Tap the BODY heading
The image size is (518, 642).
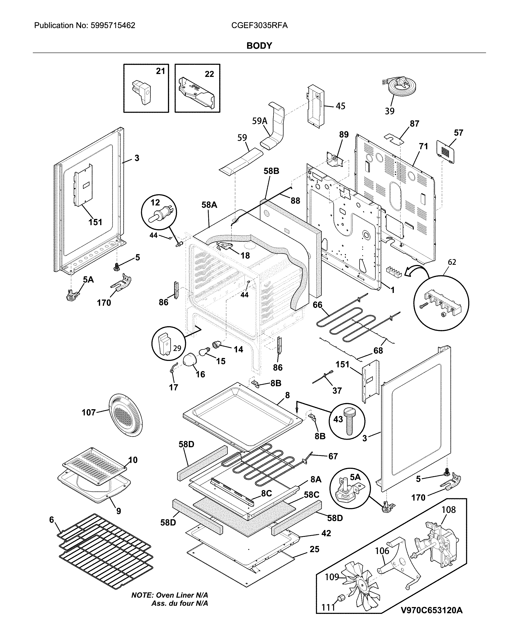click(x=259, y=46)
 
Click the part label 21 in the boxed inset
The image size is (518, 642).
click(x=160, y=71)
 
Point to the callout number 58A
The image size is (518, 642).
click(x=209, y=205)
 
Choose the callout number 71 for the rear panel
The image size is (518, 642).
click(x=423, y=146)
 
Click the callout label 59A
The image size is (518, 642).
click(x=259, y=121)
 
